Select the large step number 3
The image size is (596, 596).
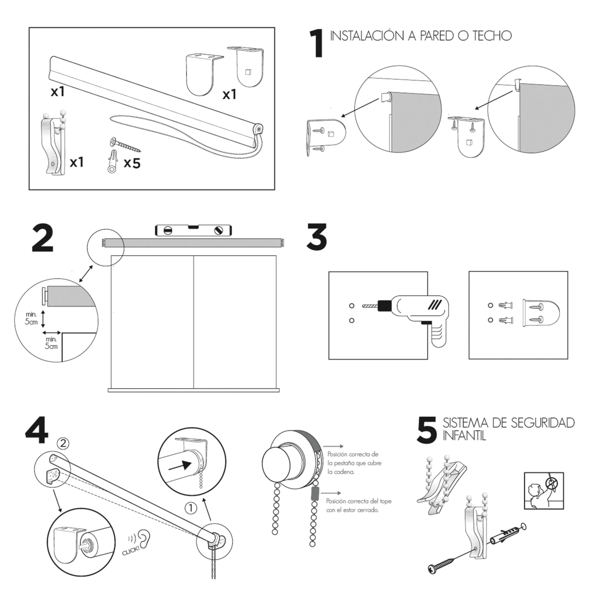(316, 237)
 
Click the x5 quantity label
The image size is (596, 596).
(132, 163)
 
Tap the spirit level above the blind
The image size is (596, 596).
(193, 230)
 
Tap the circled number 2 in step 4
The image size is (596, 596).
(63, 444)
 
